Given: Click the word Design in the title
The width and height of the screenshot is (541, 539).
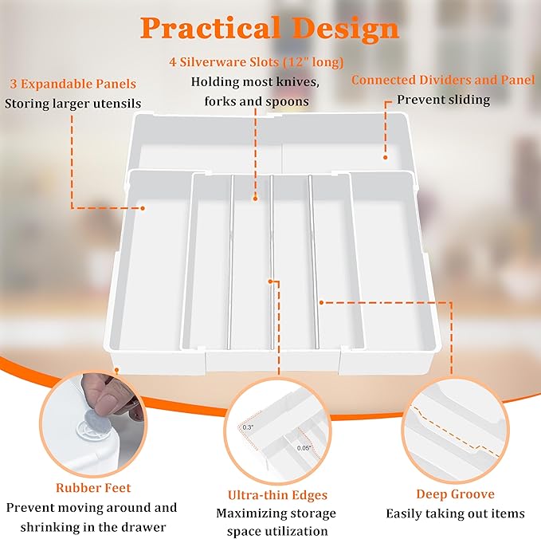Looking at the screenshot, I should point(343,29).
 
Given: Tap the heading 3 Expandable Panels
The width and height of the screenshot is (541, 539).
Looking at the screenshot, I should point(73,84).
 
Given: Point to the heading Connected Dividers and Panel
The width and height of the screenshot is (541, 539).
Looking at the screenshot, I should point(443,81).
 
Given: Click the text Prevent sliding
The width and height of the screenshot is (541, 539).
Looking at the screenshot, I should point(444,100).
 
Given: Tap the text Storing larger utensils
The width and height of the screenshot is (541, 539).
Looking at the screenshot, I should point(73,103).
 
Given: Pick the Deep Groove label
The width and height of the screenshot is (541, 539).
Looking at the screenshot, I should point(455,494).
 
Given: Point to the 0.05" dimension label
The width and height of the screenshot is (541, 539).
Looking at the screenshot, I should point(304,448).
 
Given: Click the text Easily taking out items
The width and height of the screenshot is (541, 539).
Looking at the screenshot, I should point(455,513).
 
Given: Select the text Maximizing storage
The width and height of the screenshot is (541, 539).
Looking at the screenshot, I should point(276,513).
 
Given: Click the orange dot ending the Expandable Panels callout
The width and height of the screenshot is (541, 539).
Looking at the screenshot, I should point(143,208).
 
